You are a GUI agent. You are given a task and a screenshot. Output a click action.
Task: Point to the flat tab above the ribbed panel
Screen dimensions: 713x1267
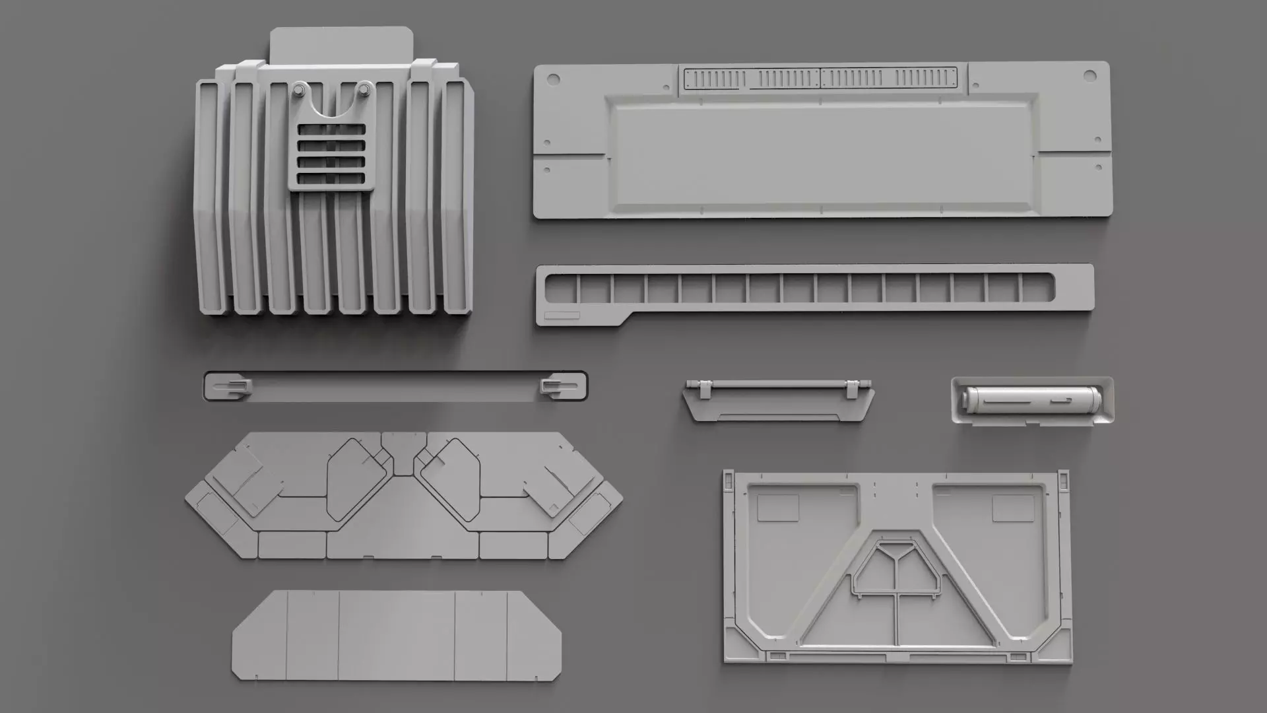point(341,44)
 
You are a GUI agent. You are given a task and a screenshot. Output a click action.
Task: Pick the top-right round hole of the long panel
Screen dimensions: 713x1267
point(1088,77)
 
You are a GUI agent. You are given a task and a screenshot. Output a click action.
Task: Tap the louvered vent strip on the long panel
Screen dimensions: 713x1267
point(820,78)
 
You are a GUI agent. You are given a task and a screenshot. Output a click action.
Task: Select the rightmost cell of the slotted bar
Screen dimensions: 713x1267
point(1037,288)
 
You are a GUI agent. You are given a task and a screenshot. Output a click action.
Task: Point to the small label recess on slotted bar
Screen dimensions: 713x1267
point(562,316)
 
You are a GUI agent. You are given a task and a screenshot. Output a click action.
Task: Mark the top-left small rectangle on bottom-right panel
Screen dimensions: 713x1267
point(778,508)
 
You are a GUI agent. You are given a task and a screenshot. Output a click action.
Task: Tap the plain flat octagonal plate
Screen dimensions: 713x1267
point(396,635)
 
